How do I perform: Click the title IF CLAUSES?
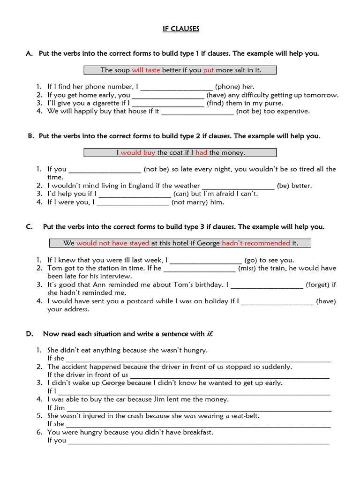pos(180,29)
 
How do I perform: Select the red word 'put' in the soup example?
pos(208,70)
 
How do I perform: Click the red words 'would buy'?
pos(138,153)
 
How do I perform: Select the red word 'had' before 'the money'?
pos(201,153)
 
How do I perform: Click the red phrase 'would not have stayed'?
pos(112,243)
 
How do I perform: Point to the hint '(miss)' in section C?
pos(247,269)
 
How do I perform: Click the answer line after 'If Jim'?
pos(199,409)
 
